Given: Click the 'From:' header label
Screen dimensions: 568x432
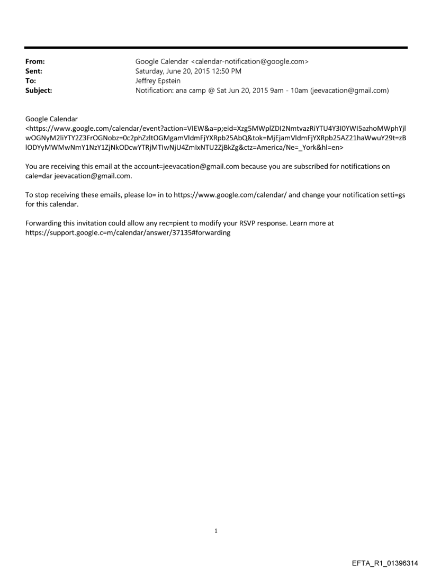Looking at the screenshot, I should coord(34,61).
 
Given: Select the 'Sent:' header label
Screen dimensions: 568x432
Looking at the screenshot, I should coord(33,71).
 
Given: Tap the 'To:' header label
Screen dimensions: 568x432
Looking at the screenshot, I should coord(30,80).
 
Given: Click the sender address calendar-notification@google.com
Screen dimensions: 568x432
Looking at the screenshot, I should coord(249,61).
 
